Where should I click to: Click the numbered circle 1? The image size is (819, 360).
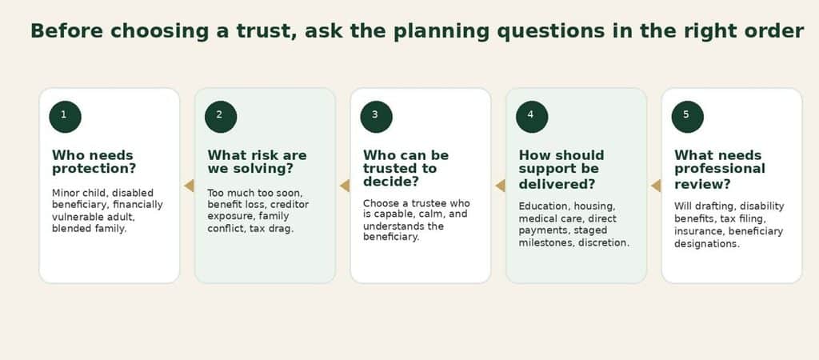[66, 117]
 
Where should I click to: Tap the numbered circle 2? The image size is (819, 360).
[221, 117]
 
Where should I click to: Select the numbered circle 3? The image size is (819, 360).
[376, 117]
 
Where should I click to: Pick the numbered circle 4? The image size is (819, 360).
[532, 117]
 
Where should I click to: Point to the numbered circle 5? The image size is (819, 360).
[687, 117]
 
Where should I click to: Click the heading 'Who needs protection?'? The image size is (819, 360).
[94, 162]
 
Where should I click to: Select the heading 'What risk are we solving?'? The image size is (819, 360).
[257, 162]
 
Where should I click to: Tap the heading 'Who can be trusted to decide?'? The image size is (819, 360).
[406, 169]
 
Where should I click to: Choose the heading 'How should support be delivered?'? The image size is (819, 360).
[561, 170]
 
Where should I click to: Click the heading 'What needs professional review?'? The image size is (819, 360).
[720, 170]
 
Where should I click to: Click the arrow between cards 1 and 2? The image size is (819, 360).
[189, 186]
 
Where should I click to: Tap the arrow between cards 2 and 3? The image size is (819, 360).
[345, 186]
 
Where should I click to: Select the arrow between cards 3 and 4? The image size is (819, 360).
[501, 186]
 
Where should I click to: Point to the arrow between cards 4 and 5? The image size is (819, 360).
[656, 186]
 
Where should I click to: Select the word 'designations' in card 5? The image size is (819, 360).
[707, 244]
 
